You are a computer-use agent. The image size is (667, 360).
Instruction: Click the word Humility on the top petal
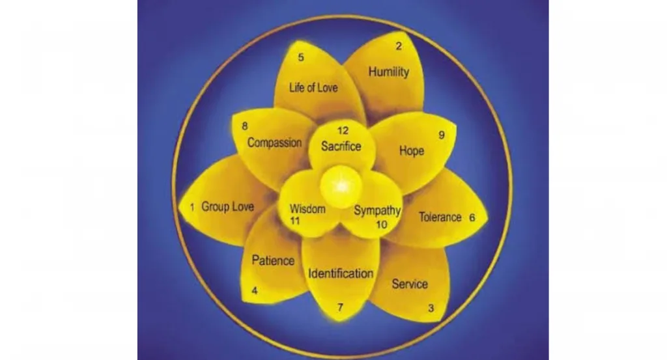(389, 72)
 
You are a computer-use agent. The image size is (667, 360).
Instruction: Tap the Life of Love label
(313, 87)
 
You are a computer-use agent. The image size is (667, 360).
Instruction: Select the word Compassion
(274, 143)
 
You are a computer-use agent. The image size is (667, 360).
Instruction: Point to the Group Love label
(228, 207)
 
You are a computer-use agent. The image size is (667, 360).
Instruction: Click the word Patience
(273, 260)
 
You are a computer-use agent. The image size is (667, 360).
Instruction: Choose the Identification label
(341, 273)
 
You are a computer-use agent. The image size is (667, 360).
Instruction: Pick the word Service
(410, 284)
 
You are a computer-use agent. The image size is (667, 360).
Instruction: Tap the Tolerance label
(440, 217)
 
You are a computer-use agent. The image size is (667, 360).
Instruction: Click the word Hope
(411, 151)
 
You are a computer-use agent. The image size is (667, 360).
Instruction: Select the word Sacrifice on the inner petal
(341, 146)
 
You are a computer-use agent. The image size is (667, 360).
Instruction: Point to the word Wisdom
(307, 209)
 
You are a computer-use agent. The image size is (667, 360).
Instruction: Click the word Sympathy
(376, 211)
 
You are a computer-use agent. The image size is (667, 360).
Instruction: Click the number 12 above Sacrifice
(342, 131)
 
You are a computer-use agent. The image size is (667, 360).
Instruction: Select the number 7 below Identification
(339, 307)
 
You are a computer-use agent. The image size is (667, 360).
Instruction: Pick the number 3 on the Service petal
(431, 309)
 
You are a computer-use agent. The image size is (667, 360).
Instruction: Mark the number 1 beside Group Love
(192, 208)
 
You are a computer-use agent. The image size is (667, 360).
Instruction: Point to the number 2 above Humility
(399, 46)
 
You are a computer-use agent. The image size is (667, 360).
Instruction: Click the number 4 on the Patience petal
(255, 291)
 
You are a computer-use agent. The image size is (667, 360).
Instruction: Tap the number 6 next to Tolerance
(472, 218)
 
